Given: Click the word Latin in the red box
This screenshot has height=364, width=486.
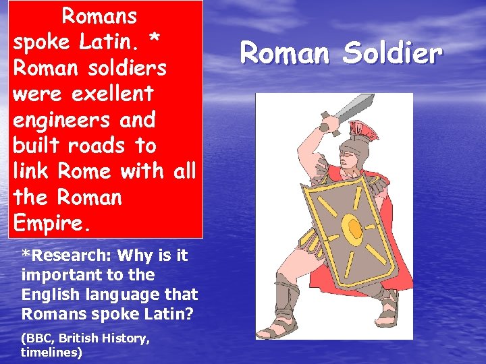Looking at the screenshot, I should [x=109, y=42].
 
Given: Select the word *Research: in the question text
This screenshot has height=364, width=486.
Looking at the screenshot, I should [x=67, y=255].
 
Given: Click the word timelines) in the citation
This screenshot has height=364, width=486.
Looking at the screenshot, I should [x=51, y=352].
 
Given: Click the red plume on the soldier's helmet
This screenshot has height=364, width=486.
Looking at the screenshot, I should [x=364, y=129].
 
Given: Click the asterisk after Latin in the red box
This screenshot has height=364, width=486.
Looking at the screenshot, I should [x=155, y=40].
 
